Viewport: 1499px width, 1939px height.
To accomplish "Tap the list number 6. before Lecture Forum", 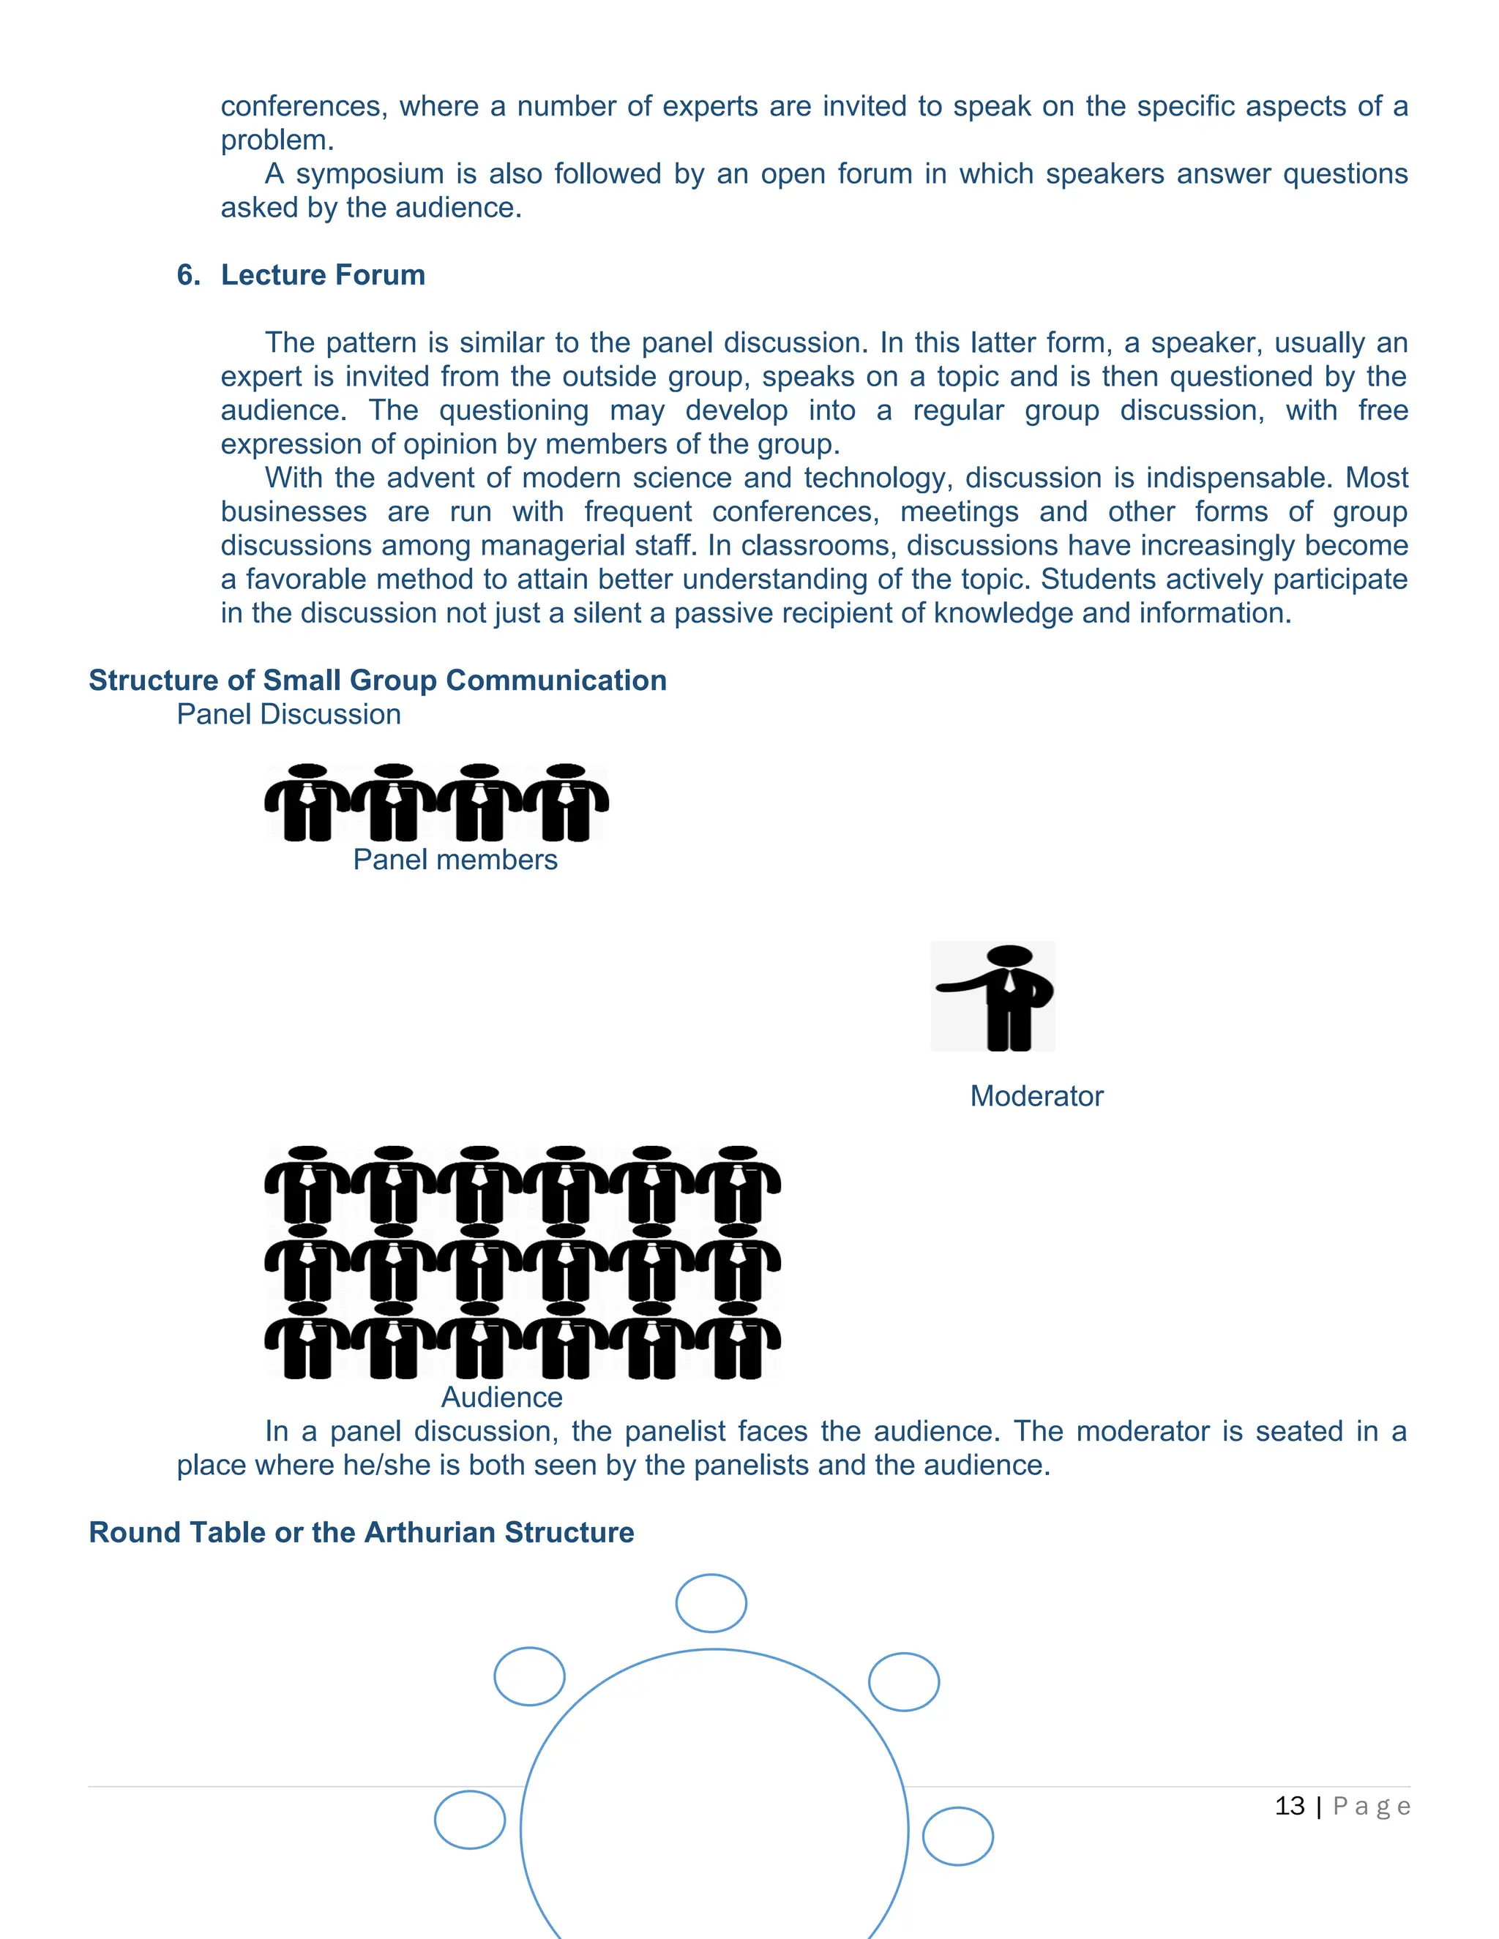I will click(x=188, y=275).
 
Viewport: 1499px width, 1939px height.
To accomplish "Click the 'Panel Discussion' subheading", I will click(x=288, y=715).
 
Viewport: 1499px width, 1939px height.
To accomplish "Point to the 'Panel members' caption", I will click(x=455, y=860).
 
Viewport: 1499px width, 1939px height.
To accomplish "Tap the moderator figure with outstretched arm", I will click(x=998, y=996).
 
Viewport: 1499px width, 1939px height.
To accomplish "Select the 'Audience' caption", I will click(x=501, y=1398).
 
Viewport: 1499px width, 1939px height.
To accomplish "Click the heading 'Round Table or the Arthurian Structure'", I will click(x=362, y=1532).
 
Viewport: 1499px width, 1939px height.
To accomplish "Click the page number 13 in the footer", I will click(x=1290, y=1806).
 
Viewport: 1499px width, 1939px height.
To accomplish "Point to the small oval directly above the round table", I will click(x=711, y=1603).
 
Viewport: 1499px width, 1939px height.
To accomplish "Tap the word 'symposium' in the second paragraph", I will click(x=370, y=174).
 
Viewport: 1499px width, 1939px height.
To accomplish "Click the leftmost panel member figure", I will click(x=308, y=803).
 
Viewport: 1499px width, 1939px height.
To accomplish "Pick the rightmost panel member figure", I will click(x=566, y=803).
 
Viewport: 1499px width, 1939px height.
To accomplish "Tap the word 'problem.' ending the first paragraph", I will click(x=277, y=140).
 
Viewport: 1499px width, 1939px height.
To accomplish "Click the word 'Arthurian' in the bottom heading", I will click(x=430, y=1532).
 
